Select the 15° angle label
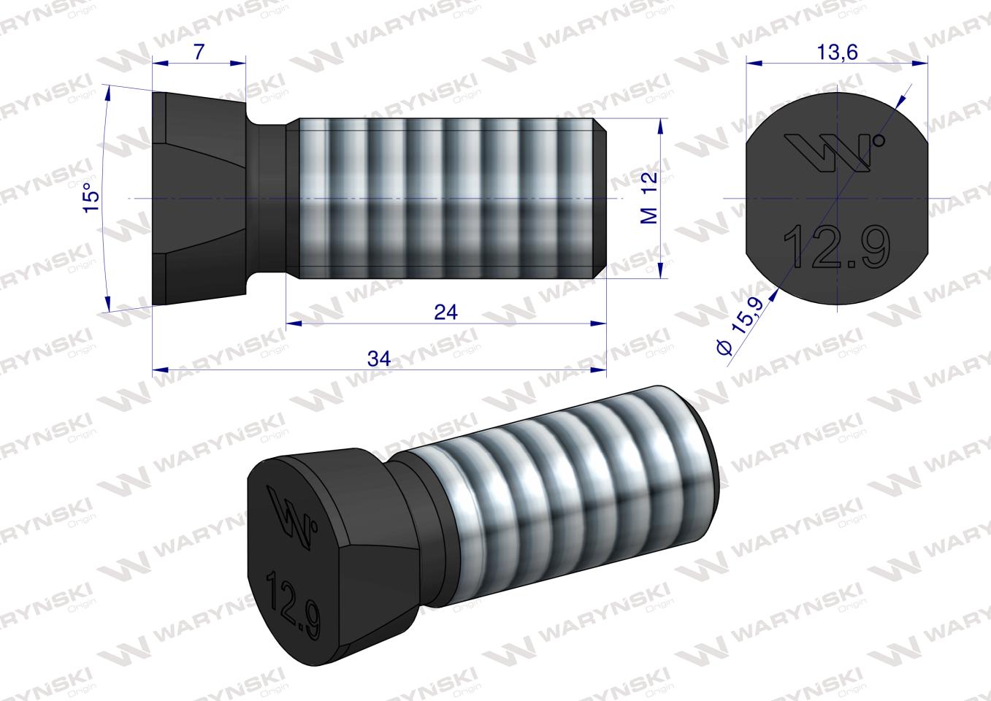91,199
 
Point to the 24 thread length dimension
445,312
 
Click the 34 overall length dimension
378,359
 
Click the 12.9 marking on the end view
836,246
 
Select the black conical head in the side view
197,199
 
